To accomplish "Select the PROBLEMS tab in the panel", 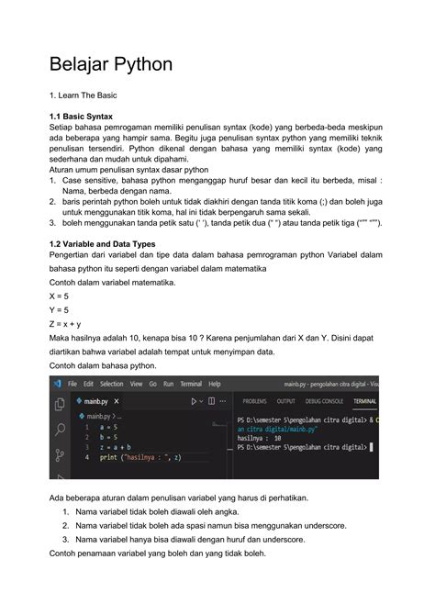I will point(254,401).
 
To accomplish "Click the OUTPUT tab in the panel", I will point(285,401).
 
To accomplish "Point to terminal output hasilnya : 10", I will point(262,439).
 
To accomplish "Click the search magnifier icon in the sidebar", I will point(60,429).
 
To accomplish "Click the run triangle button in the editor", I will point(194,401).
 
